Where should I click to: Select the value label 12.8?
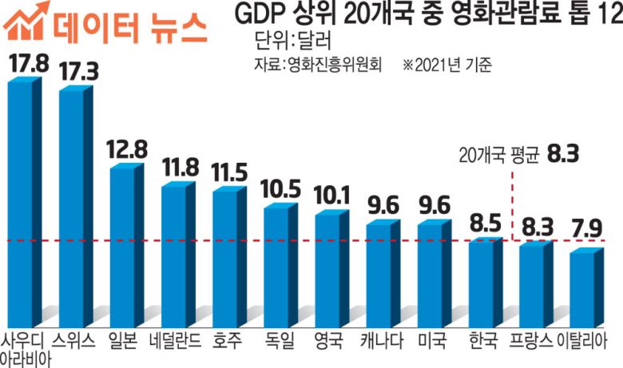(x=126, y=148)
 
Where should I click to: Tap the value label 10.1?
(x=331, y=194)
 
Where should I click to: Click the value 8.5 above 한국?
(x=484, y=220)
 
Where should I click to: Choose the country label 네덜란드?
(x=176, y=342)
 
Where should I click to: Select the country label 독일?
(x=278, y=342)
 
